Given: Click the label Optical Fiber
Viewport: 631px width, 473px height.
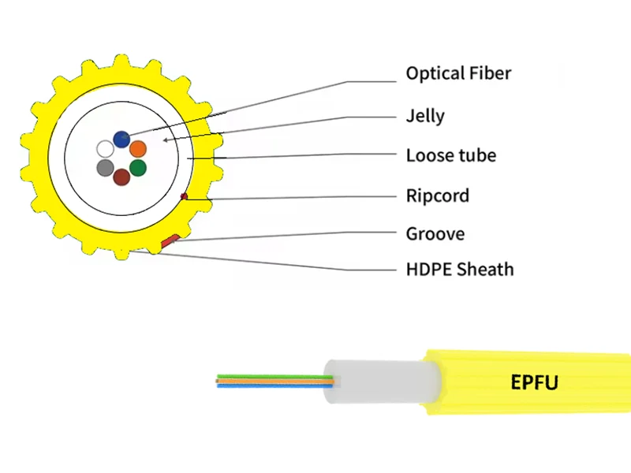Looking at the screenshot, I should pyautogui.click(x=458, y=73).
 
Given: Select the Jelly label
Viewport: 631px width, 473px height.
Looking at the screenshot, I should pyautogui.click(x=425, y=116).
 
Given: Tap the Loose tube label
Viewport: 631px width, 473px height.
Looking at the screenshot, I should pyautogui.click(x=450, y=155).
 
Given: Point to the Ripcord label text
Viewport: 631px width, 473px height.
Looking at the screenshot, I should pyautogui.click(x=437, y=195).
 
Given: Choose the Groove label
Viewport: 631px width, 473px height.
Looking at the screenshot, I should pyautogui.click(x=435, y=234).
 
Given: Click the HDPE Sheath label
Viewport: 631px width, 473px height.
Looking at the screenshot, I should pyautogui.click(x=459, y=270).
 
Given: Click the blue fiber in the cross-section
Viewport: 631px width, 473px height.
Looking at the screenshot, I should pyautogui.click(x=121, y=140).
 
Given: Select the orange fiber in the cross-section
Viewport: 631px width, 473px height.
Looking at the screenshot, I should pyautogui.click(x=138, y=148).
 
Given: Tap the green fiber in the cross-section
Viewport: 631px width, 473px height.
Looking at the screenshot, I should pyautogui.click(x=138, y=167).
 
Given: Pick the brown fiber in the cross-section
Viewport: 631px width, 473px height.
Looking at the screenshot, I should pyautogui.click(x=121, y=177).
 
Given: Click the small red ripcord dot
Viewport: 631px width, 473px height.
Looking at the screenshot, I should pyautogui.click(x=184, y=196).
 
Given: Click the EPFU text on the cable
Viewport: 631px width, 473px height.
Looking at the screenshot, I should pyautogui.click(x=534, y=383).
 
